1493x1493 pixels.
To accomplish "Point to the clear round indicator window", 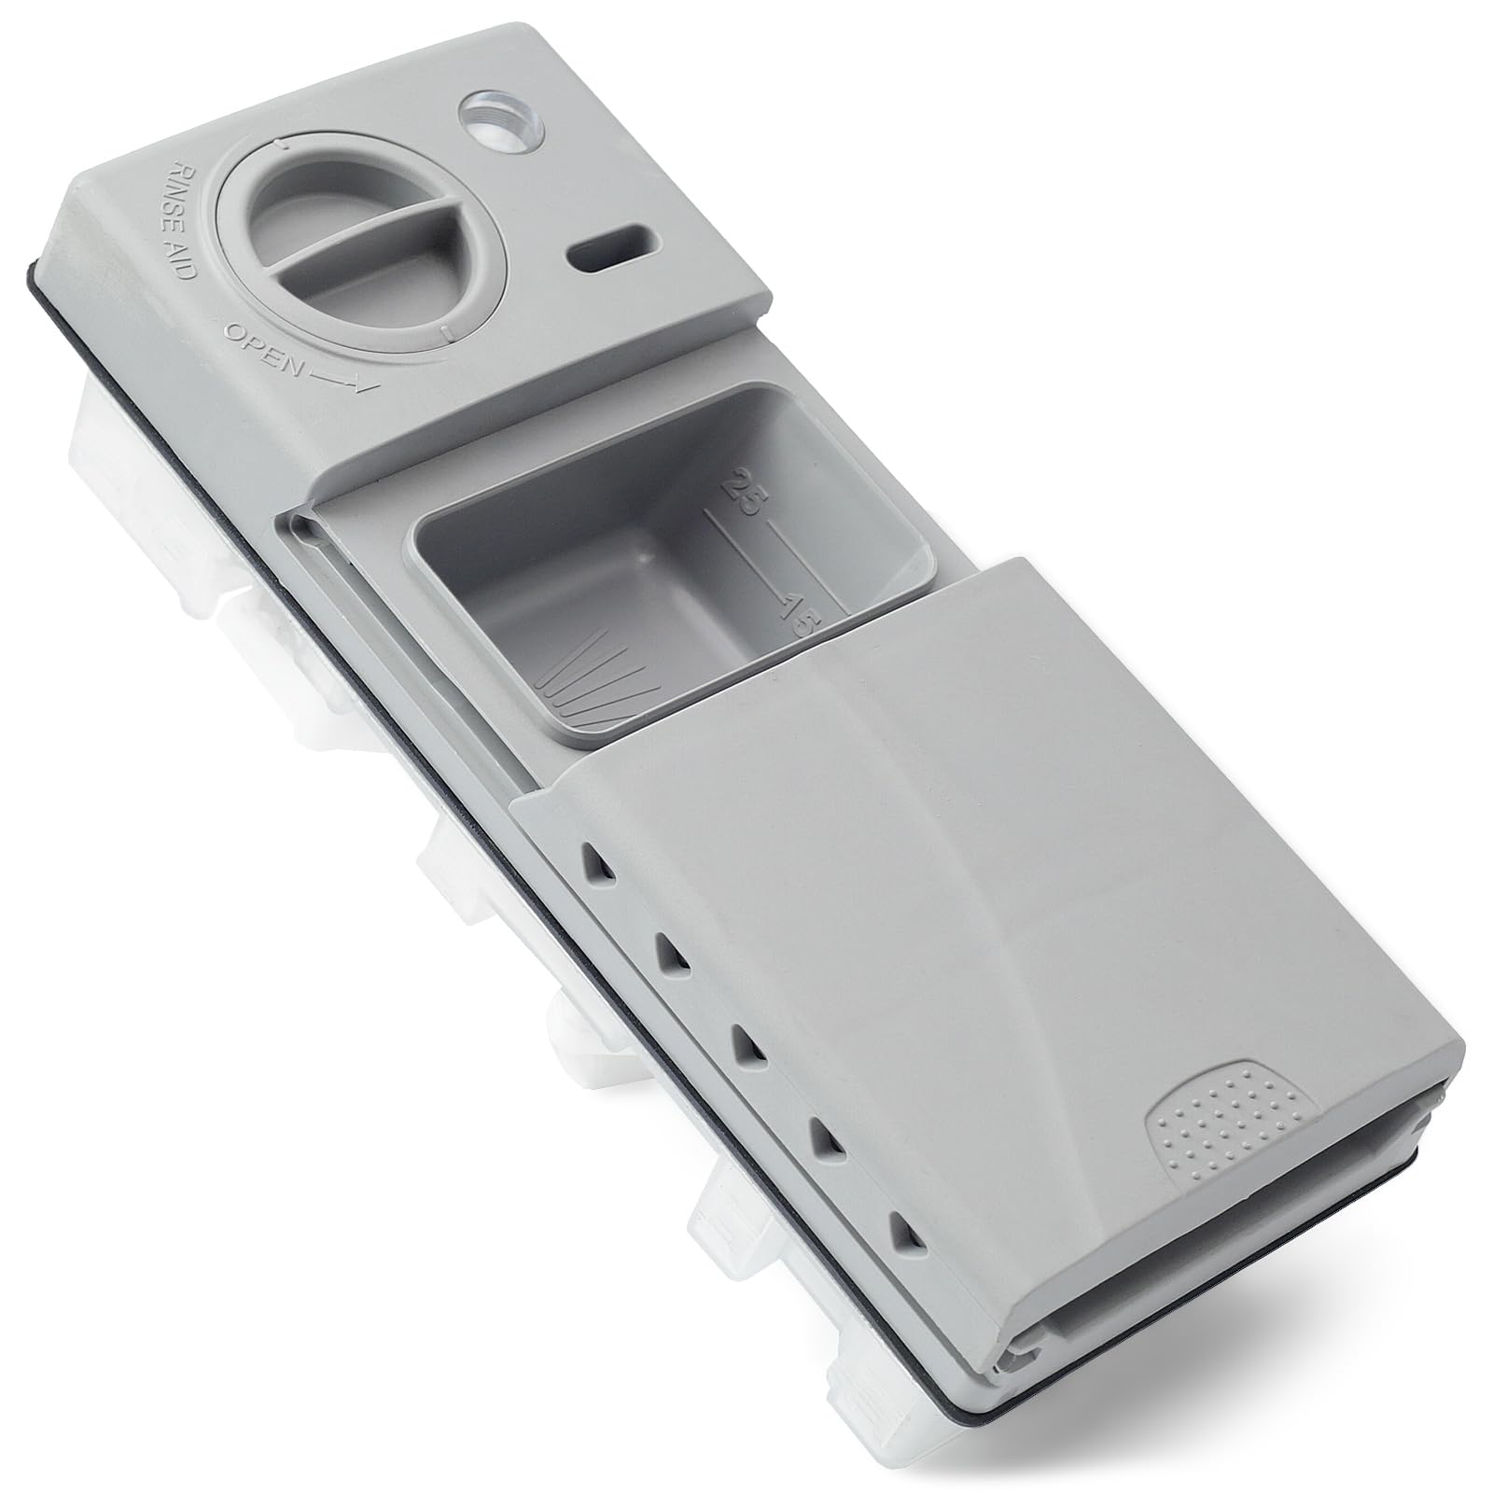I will point(489,120).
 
